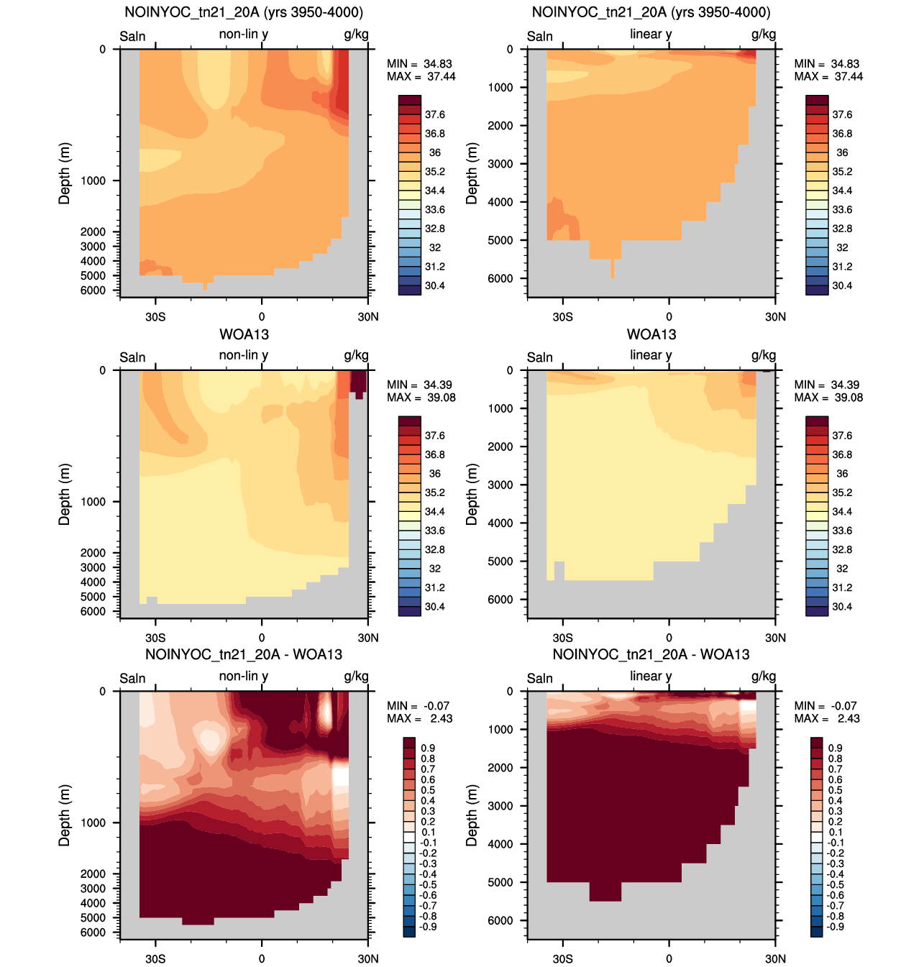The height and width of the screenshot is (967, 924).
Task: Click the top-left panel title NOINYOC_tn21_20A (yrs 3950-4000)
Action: [244, 12]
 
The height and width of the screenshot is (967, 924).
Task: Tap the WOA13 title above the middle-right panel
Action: [651, 334]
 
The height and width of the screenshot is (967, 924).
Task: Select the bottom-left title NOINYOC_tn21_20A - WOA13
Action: [244, 654]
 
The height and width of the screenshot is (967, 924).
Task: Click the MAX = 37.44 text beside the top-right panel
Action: [828, 76]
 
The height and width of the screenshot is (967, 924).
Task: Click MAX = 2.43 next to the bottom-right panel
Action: [827, 718]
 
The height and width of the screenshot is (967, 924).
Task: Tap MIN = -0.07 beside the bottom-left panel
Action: [418, 705]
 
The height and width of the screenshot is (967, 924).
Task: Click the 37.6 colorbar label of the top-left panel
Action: [434, 115]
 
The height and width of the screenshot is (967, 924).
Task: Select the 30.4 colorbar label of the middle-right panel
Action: [842, 607]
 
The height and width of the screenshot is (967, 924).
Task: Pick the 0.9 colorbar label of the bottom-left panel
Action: [427, 748]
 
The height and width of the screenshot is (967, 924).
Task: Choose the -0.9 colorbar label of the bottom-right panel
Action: [835, 927]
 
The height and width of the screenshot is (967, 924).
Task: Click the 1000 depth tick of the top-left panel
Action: [93, 181]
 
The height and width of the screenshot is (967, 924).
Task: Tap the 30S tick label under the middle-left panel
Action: [155, 638]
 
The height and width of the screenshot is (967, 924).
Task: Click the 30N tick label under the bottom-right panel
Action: [775, 958]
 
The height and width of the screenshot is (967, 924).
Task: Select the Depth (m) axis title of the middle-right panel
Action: [471, 495]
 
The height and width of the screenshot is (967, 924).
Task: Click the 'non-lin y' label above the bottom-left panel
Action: [244, 677]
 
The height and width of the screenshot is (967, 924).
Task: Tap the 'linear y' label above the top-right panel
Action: [651, 35]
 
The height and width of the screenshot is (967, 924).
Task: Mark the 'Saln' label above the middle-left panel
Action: [132, 357]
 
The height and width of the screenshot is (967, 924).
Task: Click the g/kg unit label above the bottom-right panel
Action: [764, 677]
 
